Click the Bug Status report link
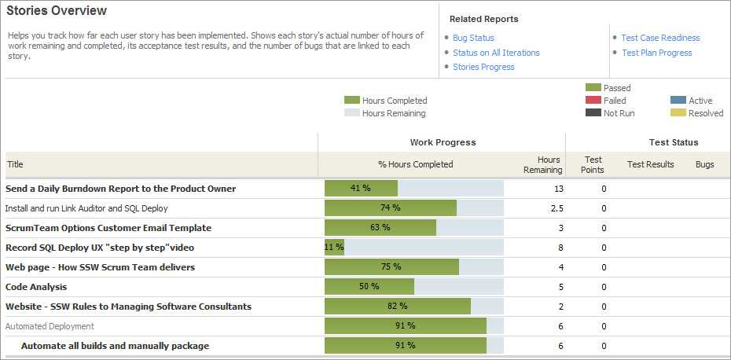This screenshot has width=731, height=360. coord(473,38)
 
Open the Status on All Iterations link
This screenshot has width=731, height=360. coord(496,53)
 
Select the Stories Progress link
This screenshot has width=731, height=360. coord(483,67)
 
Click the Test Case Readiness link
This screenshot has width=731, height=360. coord(660,38)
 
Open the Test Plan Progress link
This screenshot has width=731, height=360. coord(656,53)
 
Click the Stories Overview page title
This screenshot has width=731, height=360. coord(57,11)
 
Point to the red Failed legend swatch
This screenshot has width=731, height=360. coord(593,101)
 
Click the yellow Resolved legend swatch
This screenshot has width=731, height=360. coord(678,113)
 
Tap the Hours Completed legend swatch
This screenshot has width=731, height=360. coord(351,101)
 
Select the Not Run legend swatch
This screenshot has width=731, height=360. coord(593,113)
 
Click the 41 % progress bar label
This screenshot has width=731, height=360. coord(360,189)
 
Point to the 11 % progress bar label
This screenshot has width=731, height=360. coord(334,248)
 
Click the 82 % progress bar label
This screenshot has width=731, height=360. coord(397,307)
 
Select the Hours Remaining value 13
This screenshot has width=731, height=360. coord(558,189)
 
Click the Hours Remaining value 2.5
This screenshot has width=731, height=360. coord(557,208)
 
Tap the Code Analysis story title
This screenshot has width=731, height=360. coord(36,287)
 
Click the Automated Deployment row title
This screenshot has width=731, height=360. coord(50,326)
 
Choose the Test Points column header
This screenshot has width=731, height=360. coord(593,164)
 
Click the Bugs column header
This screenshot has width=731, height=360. coord(704,164)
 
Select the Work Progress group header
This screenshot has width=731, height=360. coord(443,142)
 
